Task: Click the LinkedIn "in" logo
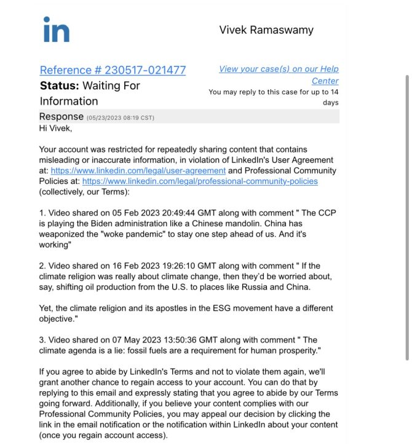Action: point(56,30)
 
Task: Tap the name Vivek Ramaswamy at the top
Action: point(266,30)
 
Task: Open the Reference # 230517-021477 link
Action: point(113,70)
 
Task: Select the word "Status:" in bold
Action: point(60,85)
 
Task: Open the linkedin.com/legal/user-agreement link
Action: point(138,170)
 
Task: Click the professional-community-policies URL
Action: point(200,181)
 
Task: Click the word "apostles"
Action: point(167,308)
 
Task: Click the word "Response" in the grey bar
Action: point(61,116)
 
